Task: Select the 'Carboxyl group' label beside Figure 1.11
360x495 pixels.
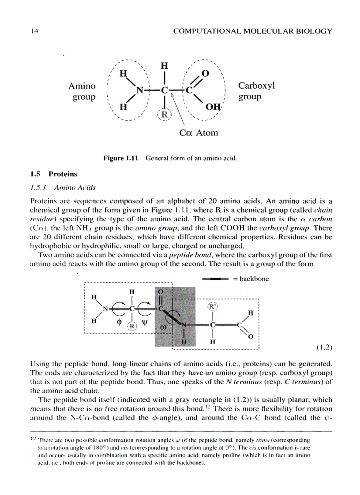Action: (256, 91)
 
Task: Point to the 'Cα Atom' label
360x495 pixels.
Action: (199, 133)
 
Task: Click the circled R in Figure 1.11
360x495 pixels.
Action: (164, 114)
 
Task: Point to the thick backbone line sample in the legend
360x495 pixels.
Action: (214, 279)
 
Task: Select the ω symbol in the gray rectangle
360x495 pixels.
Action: (163, 328)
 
